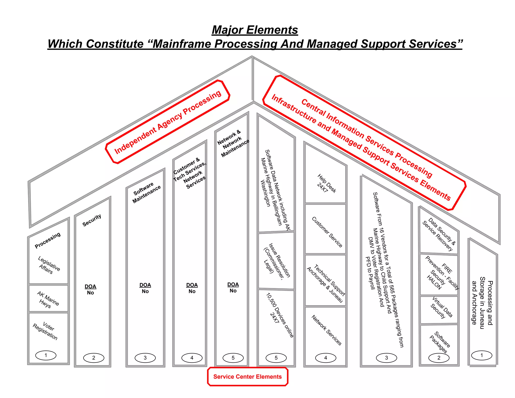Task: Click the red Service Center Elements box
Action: coord(247,376)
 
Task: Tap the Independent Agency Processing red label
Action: coord(168,122)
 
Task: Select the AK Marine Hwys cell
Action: coord(48,299)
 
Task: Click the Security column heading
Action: coord(92,220)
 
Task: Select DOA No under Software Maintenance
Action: coord(145,288)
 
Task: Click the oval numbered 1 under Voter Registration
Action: coord(46,355)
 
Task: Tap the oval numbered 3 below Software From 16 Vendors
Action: coord(386,358)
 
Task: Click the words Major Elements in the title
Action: coord(255,30)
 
